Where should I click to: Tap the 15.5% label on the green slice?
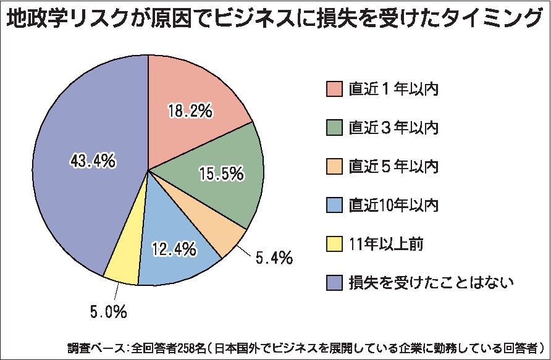point(221,175)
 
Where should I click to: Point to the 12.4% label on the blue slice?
point(175,249)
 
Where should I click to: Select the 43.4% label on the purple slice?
point(93,161)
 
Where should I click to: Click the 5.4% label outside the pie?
point(272,257)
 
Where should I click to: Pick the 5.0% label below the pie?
point(109,311)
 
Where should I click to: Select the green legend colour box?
point(334,127)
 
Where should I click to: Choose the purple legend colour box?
point(334,282)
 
